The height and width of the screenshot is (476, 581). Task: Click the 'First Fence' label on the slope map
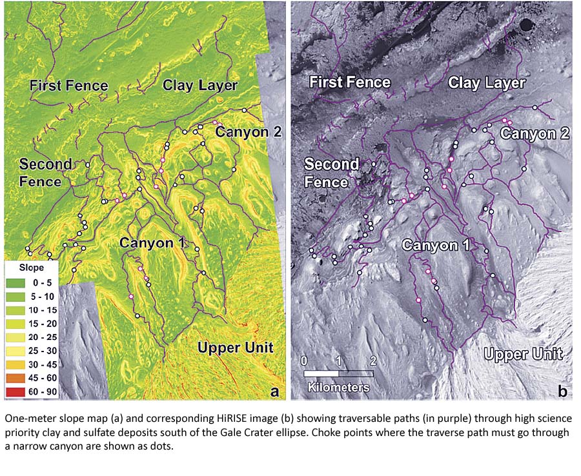68,85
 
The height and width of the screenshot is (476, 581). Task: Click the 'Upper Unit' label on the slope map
236,348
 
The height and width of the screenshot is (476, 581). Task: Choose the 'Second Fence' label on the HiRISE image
331,173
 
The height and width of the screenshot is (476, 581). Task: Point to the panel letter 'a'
274,391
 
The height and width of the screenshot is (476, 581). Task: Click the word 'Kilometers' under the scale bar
339,387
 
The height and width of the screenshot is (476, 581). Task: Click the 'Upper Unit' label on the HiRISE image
524,354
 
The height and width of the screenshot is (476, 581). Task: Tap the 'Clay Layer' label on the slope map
200,85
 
